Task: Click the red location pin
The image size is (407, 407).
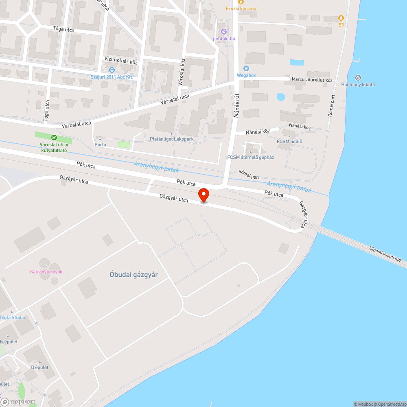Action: [x=203, y=195]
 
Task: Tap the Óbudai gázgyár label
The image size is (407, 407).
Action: [x=133, y=275]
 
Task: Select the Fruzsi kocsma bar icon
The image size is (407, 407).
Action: [x=241, y=2]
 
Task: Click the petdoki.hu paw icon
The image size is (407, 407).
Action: [x=224, y=32]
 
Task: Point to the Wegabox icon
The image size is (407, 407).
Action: [x=246, y=68]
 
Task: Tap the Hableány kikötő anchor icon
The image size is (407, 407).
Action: [x=358, y=77]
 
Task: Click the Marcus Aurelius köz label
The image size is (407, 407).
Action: [x=312, y=80]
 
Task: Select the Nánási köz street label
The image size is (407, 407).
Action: [x=258, y=132]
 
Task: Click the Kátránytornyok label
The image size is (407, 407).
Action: [x=46, y=271]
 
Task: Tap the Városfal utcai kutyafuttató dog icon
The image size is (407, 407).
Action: [x=53, y=138]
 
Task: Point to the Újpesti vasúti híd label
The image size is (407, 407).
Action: [x=385, y=254]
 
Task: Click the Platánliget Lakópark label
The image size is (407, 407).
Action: [x=171, y=139]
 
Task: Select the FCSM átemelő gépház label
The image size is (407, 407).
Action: [x=250, y=158]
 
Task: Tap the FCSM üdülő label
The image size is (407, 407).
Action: [x=289, y=141]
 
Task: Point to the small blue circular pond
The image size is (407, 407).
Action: [x=280, y=97]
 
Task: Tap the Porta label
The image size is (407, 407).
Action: [x=100, y=144]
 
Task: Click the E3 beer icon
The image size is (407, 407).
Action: [x=341, y=18]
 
